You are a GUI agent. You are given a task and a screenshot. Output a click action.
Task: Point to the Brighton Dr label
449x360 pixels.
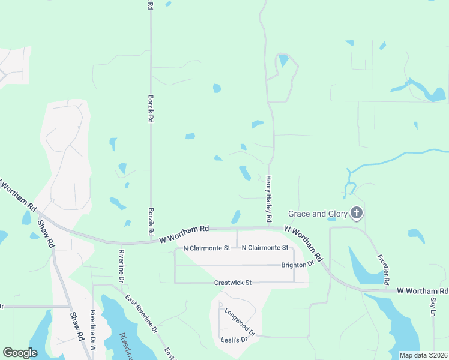click(x=298, y=265)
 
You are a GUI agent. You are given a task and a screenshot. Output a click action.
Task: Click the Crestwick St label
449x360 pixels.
click(x=232, y=283)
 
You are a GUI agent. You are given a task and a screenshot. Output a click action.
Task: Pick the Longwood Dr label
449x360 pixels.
click(x=240, y=322)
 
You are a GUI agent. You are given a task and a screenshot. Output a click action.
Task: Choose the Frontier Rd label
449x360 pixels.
click(x=384, y=269)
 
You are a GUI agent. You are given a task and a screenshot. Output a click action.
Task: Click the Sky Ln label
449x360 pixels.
click(x=433, y=305)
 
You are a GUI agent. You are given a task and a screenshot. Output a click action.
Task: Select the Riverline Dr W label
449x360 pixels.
click(x=93, y=331)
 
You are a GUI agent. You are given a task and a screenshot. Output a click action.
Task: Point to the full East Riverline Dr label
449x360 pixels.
click(x=142, y=313)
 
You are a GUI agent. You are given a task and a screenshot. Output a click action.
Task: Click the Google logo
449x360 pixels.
click(x=20, y=353)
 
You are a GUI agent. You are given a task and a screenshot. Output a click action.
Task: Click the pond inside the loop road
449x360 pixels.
click(x=283, y=61)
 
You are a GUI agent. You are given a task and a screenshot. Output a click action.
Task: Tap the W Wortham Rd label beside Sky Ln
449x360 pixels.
click(x=423, y=291)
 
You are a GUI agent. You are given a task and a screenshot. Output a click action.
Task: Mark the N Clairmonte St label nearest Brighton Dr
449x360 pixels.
click(x=265, y=248)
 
